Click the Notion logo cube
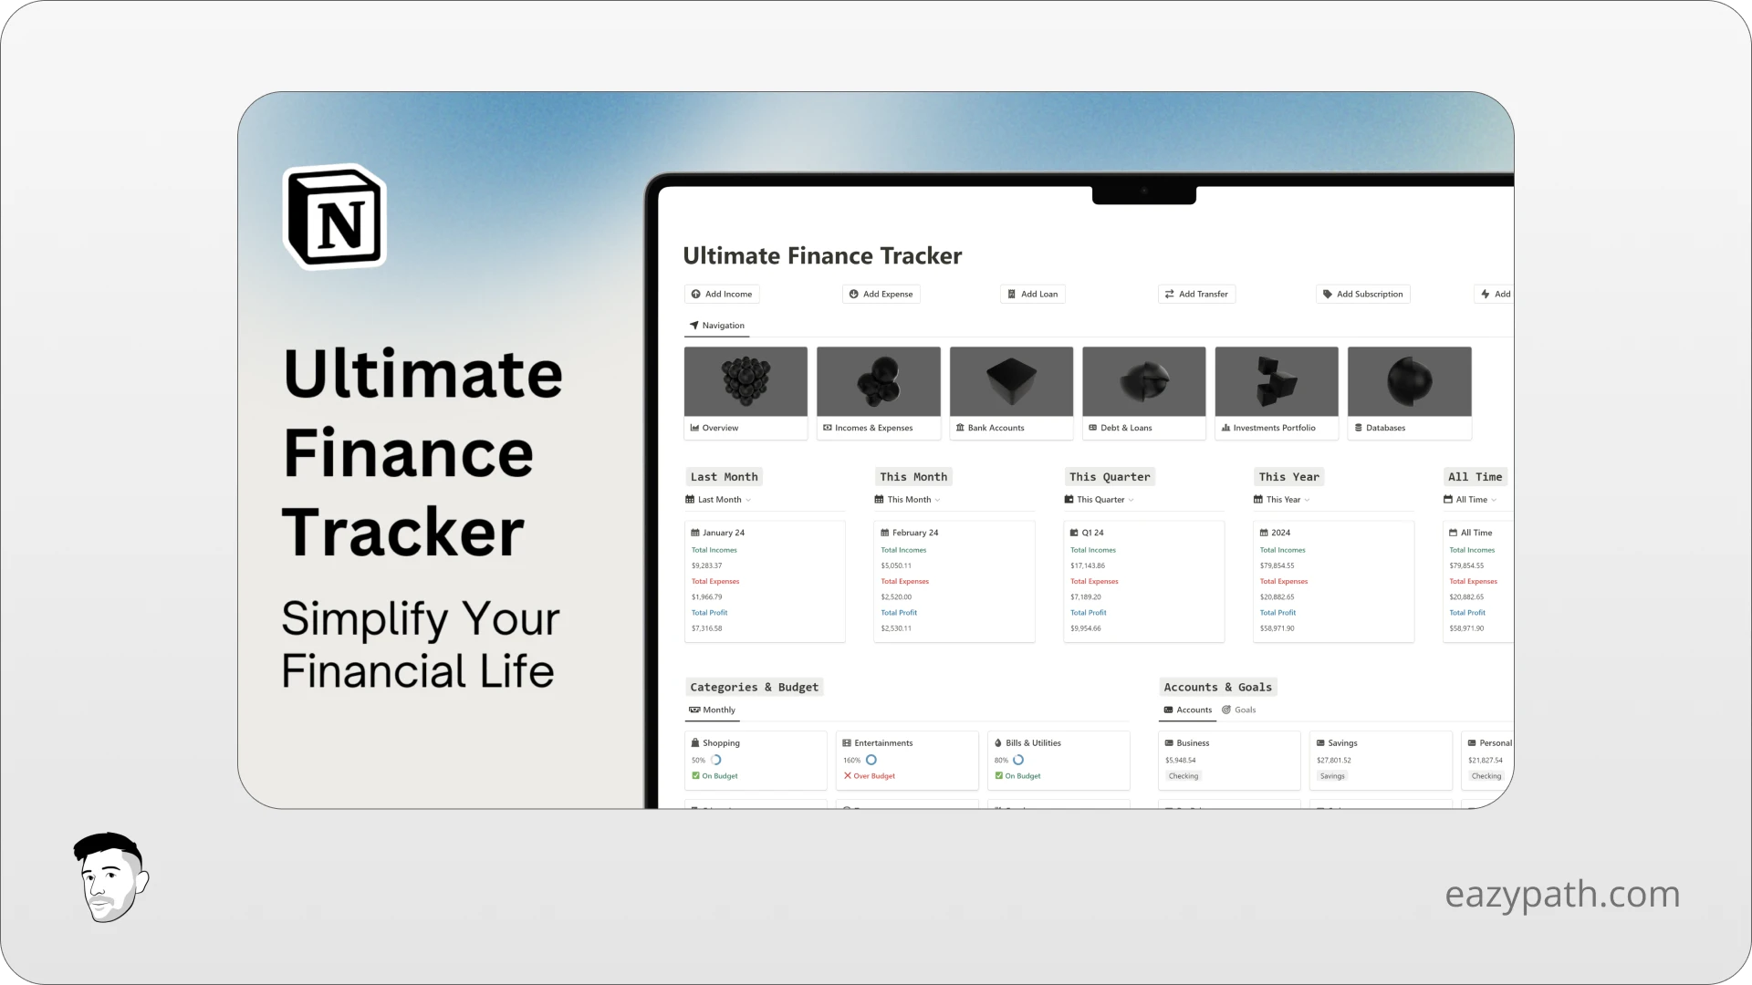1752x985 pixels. click(x=335, y=217)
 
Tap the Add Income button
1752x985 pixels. click(x=722, y=294)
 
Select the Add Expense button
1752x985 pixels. click(x=881, y=294)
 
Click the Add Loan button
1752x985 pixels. click(x=1033, y=294)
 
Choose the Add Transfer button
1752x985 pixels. click(x=1196, y=294)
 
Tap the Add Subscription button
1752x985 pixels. click(x=1363, y=294)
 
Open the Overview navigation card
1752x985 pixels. click(x=746, y=393)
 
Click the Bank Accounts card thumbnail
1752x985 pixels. click(x=1011, y=381)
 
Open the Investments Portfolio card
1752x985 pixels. click(x=1277, y=393)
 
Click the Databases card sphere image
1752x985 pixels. click(x=1409, y=381)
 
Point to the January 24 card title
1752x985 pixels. click(x=723, y=533)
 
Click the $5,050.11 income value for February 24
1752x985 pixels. click(x=896, y=565)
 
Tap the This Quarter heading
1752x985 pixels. click(x=1110, y=477)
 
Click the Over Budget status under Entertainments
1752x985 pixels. click(x=874, y=776)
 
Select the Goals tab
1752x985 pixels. click(x=1245, y=710)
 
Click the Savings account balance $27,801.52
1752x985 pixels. click(x=1334, y=760)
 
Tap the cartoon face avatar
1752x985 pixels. click(x=110, y=877)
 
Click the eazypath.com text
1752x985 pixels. click(x=1562, y=894)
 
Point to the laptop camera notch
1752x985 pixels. click(x=1143, y=192)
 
